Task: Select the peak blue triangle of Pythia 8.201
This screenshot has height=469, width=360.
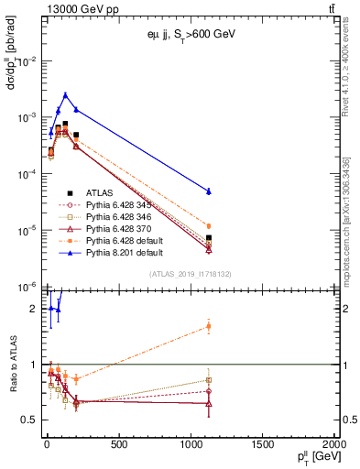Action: point(65,94)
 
